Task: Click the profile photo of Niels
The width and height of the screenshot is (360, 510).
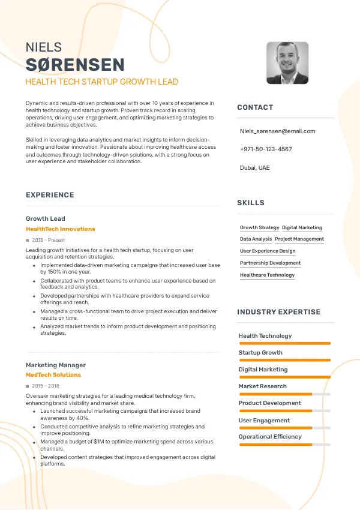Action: pyautogui.click(x=287, y=63)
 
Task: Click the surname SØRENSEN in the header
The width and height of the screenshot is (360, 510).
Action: pyautogui.click(x=75, y=65)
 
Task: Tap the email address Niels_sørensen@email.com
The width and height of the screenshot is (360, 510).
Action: pyautogui.click(x=277, y=131)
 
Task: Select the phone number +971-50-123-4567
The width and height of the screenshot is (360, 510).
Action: pyautogui.click(x=266, y=149)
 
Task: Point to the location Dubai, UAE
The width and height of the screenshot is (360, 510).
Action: pyautogui.click(x=255, y=167)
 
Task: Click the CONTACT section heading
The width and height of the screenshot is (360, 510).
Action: pyautogui.click(x=255, y=107)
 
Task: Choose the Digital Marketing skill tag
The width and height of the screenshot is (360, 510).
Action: pyautogui.click(x=302, y=228)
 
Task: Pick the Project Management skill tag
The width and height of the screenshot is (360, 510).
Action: pyautogui.click(x=299, y=239)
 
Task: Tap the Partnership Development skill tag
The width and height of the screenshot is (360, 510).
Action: pyautogui.click(x=270, y=263)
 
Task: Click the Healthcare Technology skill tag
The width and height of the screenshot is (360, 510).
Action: pyautogui.click(x=267, y=275)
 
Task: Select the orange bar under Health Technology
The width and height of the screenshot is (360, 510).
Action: pyautogui.click(x=284, y=343)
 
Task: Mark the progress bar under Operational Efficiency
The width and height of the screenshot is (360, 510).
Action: pyautogui.click(x=284, y=445)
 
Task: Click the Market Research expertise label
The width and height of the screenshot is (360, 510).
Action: pyautogui.click(x=263, y=386)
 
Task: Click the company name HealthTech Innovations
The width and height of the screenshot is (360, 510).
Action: pyautogui.click(x=61, y=229)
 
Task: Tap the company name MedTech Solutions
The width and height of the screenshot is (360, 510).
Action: pyautogui.click(x=53, y=375)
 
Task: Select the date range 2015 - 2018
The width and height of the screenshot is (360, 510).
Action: pyautogui.click(x=46, y=386)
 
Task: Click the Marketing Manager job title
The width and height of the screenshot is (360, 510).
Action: pyautogui.click(x=56, y=365)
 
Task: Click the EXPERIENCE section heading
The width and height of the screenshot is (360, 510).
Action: pyautogui.click(x=50, y=195)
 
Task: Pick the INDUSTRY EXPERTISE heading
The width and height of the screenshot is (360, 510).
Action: pyautogui.click(x=278, y=312)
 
